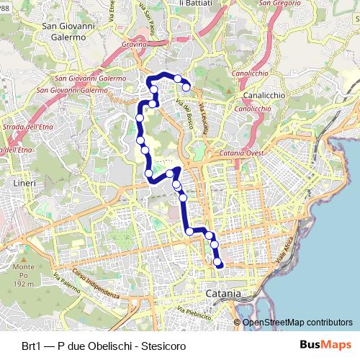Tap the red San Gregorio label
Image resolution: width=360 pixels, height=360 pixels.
pos(275,4)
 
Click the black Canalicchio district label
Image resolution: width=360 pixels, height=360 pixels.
pos(265,95)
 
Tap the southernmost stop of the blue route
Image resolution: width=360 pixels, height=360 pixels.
pos(219,264)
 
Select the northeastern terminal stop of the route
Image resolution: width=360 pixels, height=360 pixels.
pos(186,87)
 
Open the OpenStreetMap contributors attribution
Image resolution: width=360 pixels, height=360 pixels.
pos(297,323)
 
